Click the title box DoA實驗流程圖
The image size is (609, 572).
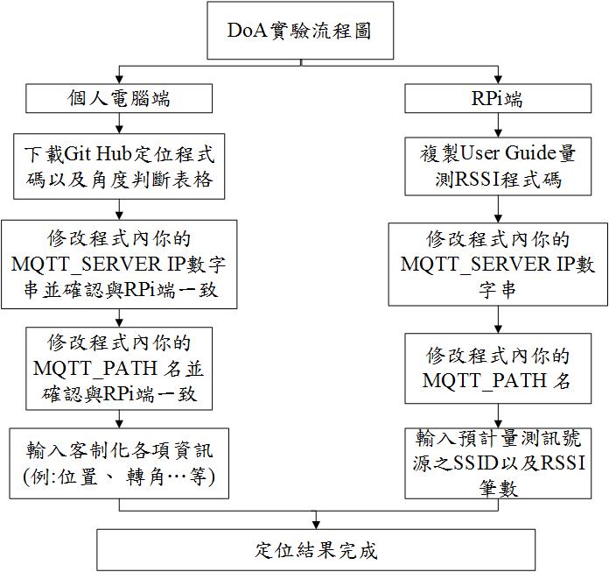300,31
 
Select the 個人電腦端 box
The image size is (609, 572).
119,98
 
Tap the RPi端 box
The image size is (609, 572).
497,98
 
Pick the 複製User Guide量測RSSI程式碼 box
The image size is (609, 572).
497,166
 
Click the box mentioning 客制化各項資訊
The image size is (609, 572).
119,463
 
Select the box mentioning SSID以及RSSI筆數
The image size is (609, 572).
497,463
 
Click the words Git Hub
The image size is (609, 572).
101,154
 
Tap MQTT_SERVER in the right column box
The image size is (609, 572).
471,264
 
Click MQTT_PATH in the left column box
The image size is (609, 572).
96,365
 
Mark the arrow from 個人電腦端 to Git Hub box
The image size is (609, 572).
119,124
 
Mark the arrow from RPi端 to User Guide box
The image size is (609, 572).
497,124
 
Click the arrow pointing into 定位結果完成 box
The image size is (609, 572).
316,518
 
